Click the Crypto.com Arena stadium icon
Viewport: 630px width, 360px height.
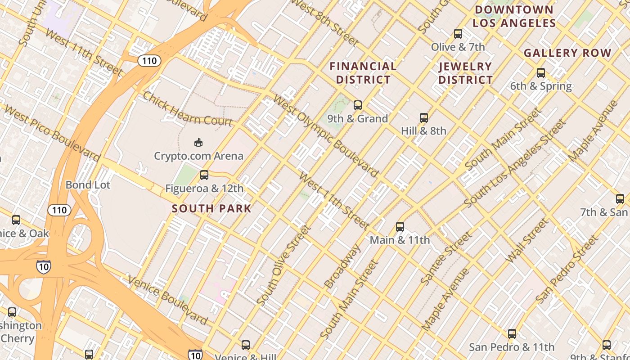[198, 143]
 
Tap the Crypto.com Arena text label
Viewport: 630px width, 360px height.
[198, 156]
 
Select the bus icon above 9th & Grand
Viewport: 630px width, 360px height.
[358, 105]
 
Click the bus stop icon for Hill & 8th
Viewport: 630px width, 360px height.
[423, 118]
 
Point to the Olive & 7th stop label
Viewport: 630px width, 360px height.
[458, 47]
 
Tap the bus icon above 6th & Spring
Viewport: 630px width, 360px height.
[541, 72]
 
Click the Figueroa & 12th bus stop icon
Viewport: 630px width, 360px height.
[204, 175]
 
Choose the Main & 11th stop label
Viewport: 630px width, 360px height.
[400, 240]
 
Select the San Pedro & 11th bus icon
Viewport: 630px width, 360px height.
[512, 334]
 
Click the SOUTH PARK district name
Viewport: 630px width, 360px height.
[211, 208]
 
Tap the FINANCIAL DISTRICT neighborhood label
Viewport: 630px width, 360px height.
[363, 73]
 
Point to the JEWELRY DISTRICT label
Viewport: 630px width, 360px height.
[465, 73]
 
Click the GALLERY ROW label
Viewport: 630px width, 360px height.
[567, 53]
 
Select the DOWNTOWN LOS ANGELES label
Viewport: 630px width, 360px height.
[514, 16]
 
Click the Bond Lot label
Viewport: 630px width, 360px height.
[88, 184]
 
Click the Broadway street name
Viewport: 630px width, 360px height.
[343, 266]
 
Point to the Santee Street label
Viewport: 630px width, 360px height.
[446, 258]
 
